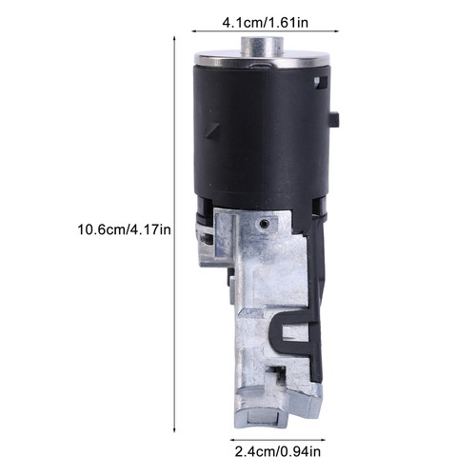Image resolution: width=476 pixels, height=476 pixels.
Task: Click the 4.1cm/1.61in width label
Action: [265, 23]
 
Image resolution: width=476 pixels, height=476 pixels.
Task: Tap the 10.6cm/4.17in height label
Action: [124, 229]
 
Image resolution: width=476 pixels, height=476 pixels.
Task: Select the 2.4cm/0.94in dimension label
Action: [278, 451]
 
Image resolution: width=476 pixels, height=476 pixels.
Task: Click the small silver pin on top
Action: [262, 45]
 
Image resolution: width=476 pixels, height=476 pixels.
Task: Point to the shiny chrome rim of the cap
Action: [263, 60]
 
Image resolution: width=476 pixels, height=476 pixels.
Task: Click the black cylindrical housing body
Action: [262, 133]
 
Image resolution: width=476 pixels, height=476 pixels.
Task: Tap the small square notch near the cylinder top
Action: [321, 82]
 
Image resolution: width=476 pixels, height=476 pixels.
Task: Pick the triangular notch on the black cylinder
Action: [211, 130]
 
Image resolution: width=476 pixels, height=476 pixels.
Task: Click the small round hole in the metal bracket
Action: [263, 224]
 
